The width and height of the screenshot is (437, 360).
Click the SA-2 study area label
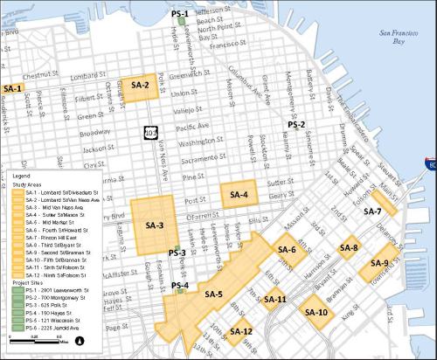click(141, 86)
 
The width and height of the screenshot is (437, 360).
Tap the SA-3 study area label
click(155, 226)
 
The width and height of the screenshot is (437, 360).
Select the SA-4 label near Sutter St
click(239, 195)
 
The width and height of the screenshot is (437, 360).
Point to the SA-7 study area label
click(373, 211)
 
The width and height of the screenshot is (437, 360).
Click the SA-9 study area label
click(380, 263)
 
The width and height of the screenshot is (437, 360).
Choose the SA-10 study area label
click(316, 312)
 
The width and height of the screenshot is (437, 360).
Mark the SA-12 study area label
click(241, 332)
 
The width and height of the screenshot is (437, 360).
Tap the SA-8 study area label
click(349, 249)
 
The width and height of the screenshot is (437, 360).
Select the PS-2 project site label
click(296, 125)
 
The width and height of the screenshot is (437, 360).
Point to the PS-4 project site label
click(181, 286)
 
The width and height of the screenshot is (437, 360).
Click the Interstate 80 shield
click(431, 163)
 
